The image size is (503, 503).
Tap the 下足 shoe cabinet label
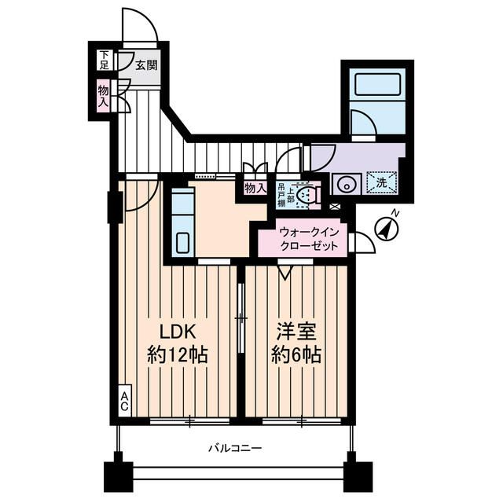[104, 60]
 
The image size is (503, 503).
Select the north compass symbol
[386, 228]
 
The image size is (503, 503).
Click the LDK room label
[178, 330]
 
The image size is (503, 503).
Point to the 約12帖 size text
[178, 354]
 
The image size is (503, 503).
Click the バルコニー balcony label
[234, 449]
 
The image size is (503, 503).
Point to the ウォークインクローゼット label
[309, 239]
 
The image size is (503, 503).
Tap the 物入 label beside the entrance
[104, 97]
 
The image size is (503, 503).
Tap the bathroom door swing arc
[364, 124]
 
